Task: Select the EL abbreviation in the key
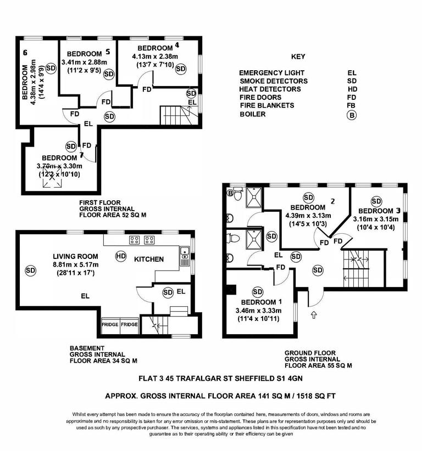352,72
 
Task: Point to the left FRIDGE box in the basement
110,325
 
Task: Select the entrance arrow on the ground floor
314,315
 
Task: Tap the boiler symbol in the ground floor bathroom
231,193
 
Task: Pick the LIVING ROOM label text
75,256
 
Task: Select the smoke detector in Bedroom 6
51,68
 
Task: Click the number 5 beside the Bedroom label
108,52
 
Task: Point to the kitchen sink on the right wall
186,255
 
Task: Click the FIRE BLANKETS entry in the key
266,105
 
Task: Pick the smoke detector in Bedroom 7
71,146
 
